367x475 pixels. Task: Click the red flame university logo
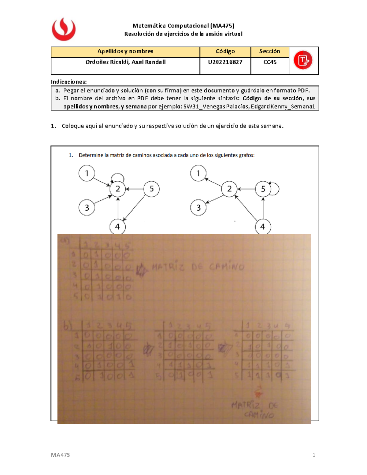click(64, 29)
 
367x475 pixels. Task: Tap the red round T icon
click(303, 60)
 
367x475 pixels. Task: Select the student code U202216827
click(225, 62)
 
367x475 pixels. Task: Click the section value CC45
click(270, 62)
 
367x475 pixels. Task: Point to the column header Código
click(225, 51)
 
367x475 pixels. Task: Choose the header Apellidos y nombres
click(125, 51)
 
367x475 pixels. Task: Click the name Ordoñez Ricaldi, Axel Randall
click(125, 62)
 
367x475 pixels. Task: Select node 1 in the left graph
click(87, 173)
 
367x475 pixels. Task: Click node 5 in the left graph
click(151, 189)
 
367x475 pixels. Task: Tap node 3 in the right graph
click(198, 208)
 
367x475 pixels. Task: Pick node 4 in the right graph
click(263, 227)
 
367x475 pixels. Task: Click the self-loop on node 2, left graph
click(118, 177)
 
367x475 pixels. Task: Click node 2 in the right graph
click(229, 189)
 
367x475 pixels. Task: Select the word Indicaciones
click(69, 82)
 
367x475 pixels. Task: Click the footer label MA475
click(60, 455)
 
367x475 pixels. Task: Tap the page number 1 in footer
click(314, 455)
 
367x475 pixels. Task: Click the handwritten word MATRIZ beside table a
click(168, 268)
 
